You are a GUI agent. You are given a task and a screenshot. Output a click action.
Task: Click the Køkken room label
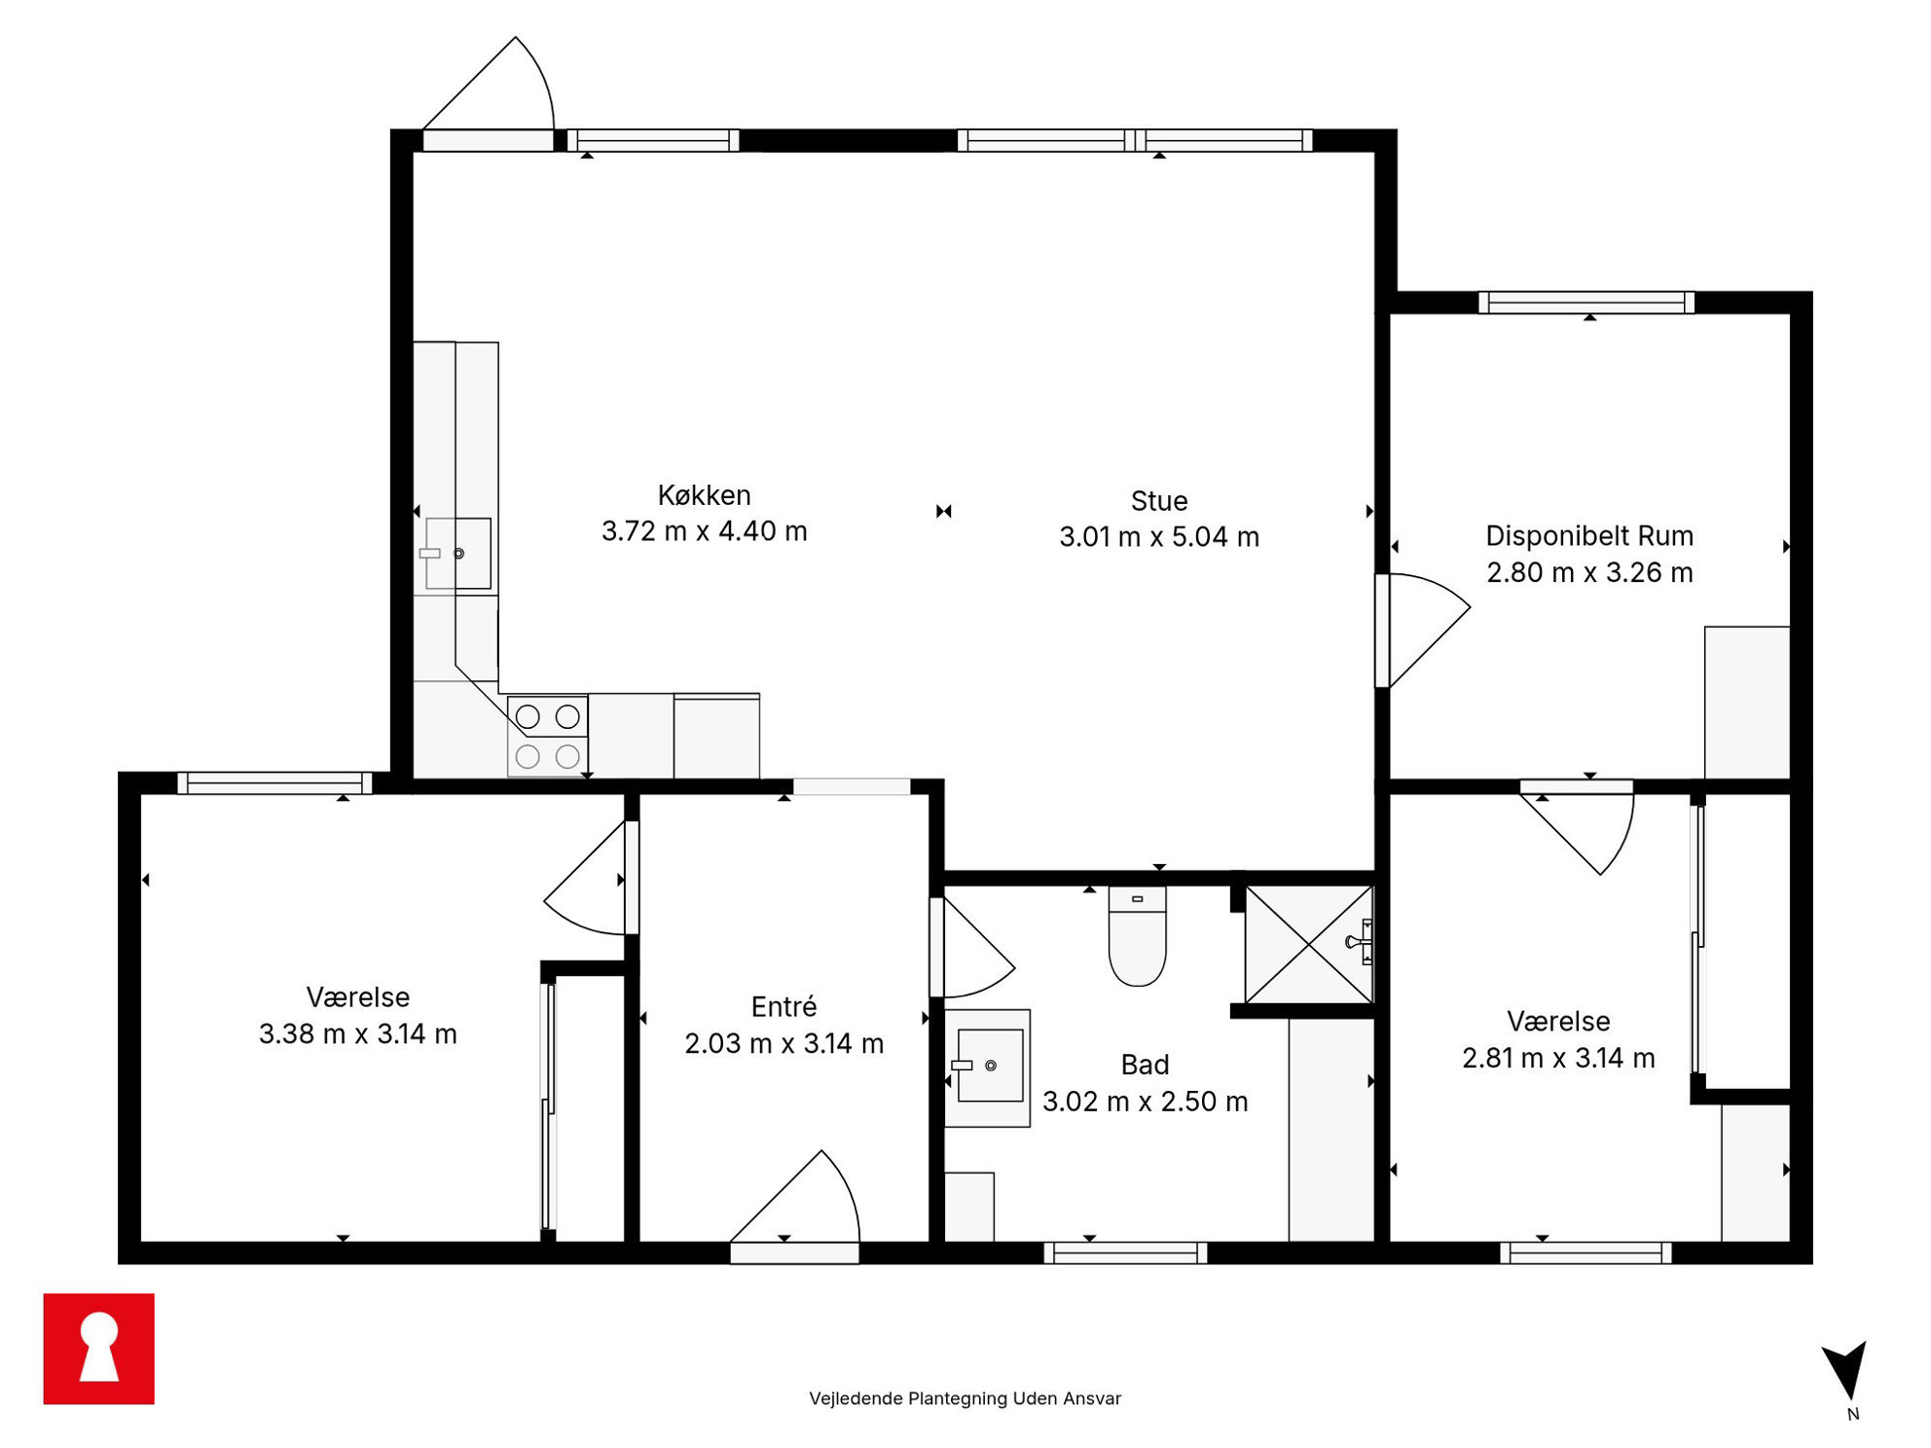click(704, 495)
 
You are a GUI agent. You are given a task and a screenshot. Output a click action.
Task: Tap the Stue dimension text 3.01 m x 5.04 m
click(1158, 536)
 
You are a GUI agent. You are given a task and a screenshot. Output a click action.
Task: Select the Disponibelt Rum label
click(1588, 536)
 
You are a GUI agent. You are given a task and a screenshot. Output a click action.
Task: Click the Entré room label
click(783, 1006)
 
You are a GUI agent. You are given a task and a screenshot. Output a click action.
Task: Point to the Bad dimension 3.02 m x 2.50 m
click(1145, 1101)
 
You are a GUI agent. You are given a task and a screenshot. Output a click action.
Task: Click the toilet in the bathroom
click(1137, 935)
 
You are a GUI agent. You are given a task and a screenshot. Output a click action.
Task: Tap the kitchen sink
click(457, 553)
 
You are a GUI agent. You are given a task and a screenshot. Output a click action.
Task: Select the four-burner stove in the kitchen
click(547, 736)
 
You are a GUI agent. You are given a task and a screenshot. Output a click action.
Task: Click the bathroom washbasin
click(987, 1068)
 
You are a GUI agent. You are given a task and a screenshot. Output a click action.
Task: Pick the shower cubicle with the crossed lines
click(1309, 944)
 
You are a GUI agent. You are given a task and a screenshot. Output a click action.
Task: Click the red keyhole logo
click(98, 1348)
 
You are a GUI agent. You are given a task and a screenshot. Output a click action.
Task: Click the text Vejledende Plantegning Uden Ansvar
click(965, 1398)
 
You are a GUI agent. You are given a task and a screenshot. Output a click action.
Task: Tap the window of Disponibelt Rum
click(1586, 303)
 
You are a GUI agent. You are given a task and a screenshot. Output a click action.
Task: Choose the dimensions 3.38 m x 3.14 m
click(357, 1033)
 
